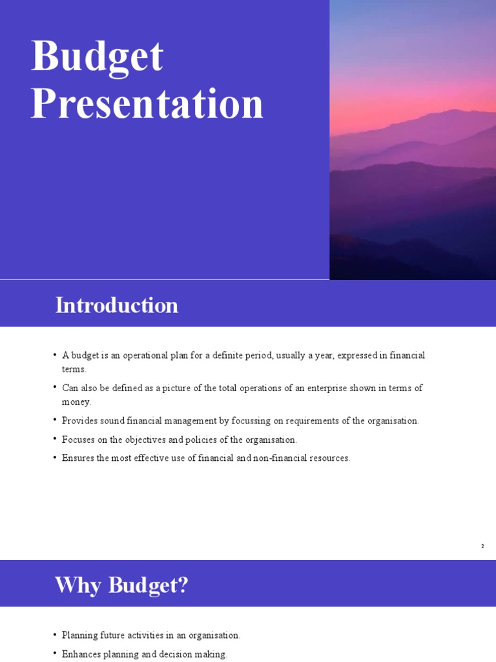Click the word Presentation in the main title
tap(147, 103)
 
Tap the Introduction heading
tap(116, 305)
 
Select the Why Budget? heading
tap(121, 585)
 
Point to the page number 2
tap(482, 546)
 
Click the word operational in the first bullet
tap(136, 356)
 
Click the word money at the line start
tap(76, 401)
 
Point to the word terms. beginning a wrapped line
tap(74, 369)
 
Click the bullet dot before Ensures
tap(55, 458)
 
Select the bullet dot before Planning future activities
tap(55, 635)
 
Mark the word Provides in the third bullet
tap(79, 420)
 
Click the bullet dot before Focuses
tap(55, 440)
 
